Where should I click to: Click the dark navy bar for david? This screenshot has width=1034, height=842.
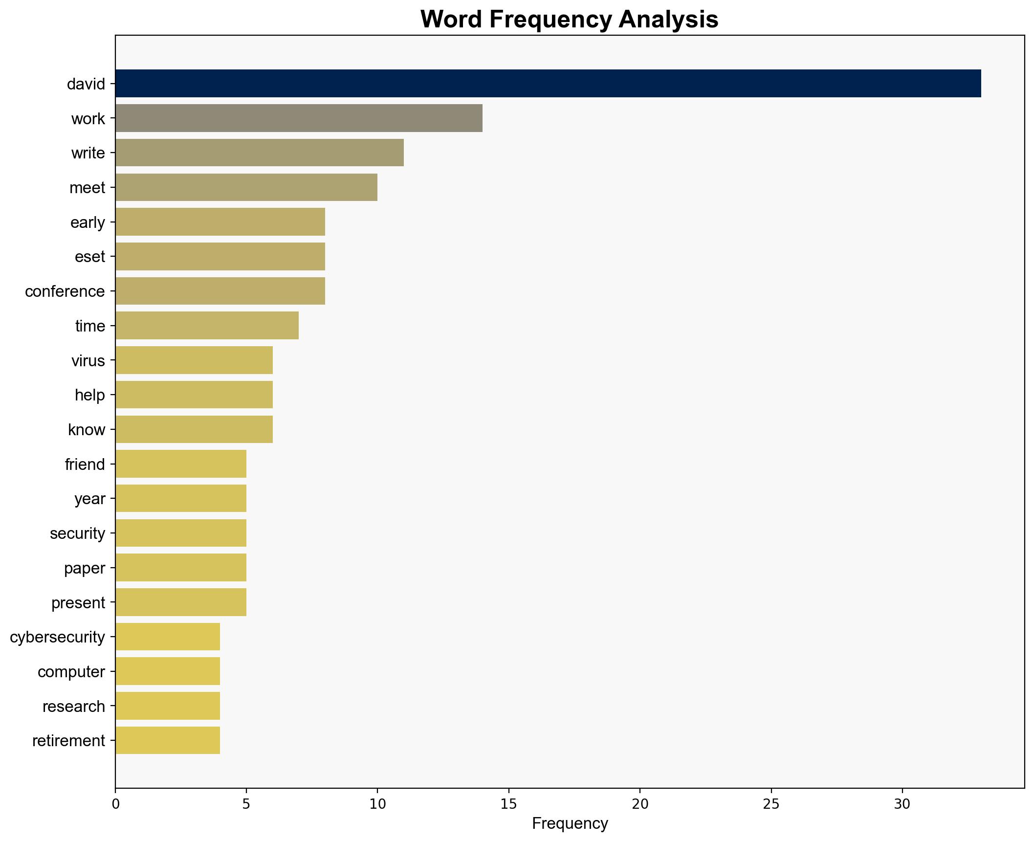click(548, 84)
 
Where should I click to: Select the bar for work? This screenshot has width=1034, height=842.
click(299, 118)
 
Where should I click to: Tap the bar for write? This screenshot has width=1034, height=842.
click(260, 153)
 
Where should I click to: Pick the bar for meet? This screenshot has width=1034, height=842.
click(246, 187)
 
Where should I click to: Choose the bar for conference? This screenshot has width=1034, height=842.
click(220, 291)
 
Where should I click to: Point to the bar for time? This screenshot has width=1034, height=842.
click(207, 326)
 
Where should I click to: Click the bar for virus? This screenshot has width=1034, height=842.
click(194, 360)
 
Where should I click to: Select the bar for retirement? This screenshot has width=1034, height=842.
click(168, 740)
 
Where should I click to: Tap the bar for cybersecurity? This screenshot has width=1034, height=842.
click(168, 637)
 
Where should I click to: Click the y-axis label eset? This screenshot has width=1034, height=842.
click(90, 257)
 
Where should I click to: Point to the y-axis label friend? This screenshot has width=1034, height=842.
click(85, 464)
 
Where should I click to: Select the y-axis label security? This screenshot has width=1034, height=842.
click(78, 533)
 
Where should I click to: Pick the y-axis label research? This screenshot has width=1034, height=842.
click(74, 706)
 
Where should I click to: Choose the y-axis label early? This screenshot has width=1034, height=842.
click(88, 222)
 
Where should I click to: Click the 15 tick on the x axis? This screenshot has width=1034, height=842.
click(509, 804)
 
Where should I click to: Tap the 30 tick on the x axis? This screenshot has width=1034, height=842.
click(902, 804)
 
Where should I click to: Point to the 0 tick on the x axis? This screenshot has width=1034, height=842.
click(115, 804)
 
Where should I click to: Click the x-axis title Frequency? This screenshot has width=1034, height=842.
click(570, 824)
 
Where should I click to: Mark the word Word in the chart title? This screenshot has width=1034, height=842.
click(452, 20)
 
